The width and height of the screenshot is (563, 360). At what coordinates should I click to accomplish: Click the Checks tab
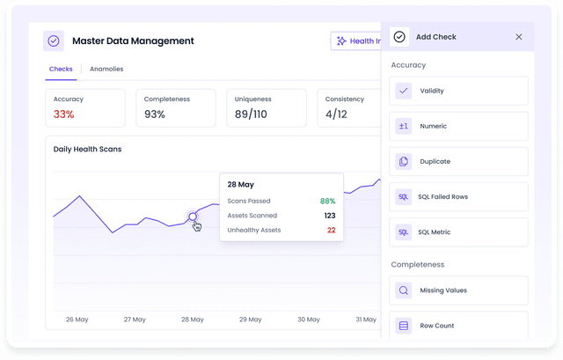(61, 69)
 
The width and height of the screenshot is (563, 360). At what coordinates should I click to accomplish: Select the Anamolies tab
(106, 69)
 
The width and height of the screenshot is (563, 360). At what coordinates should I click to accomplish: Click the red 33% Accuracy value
(63, 114)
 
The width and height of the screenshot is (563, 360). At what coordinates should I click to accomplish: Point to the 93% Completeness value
(154, 114)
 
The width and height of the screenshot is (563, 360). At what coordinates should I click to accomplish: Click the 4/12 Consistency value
(336, 114)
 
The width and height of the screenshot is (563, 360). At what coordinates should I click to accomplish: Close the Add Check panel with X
(518, 37)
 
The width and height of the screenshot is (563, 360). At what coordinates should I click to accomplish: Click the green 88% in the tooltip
(327, 202)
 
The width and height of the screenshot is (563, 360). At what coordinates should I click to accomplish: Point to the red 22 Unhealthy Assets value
(331, 230)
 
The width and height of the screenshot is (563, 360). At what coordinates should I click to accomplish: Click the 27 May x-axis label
(135, 320)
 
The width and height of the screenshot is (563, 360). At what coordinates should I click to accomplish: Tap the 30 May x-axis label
(308, 320)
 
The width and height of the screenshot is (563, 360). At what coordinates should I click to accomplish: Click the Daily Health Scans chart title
(87, 150)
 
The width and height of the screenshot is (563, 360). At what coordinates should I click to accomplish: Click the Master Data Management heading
(133, 40)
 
